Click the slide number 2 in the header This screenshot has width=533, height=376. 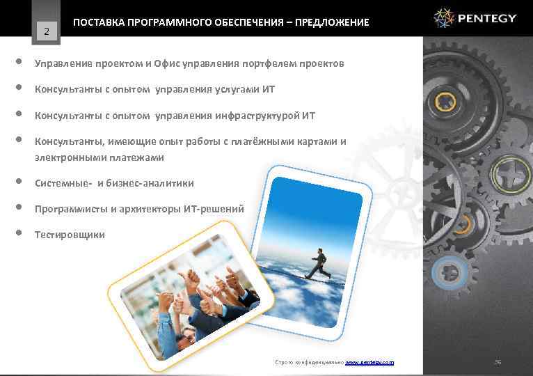pos(47,31)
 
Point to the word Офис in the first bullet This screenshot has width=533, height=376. pos(166,63)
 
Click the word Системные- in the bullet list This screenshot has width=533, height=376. pos(64,183)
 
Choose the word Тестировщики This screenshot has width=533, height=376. pos(70,235)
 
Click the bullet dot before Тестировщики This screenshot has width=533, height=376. pos(18,233)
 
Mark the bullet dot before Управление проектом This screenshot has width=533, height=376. pos(18,62)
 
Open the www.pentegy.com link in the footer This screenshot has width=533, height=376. pos(369,362)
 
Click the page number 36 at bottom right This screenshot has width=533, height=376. pos(498,361)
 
